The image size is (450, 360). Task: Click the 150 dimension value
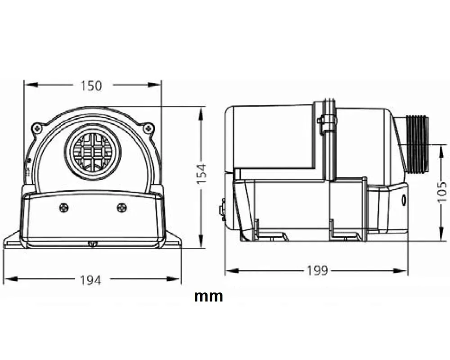[92, 85]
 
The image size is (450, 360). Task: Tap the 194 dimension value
[91, 280]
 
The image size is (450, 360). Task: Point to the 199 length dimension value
[318, 271]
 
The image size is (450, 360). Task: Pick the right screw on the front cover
[121, 207]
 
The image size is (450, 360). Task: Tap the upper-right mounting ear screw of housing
[147, 128]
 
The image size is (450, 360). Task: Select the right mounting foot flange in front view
[173, 241]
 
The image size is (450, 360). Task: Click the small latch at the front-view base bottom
[92, 244]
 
